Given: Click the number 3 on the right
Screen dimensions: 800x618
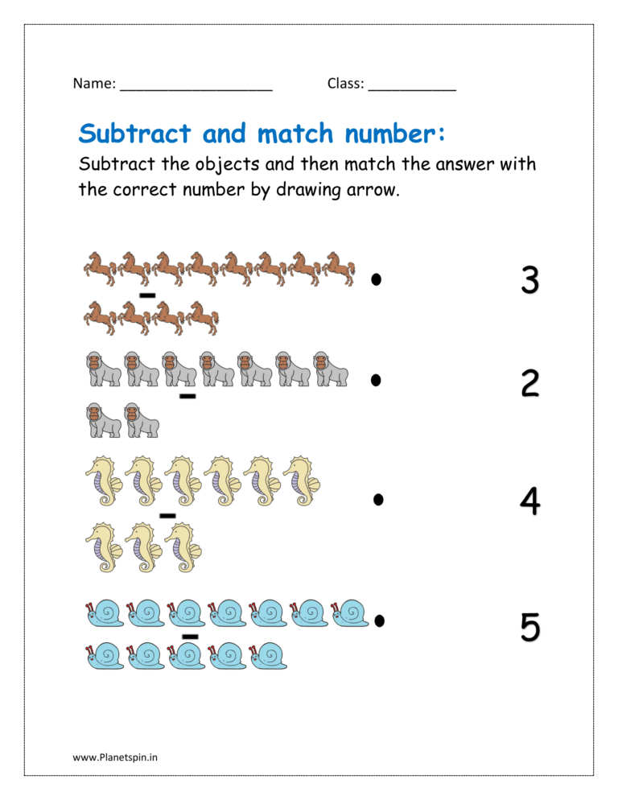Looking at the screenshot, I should [529, 281].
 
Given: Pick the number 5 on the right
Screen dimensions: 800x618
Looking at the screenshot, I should [529, 627].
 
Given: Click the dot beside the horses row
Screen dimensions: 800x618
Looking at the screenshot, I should [376, 279].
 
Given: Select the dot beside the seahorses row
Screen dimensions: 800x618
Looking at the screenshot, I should [377, 500].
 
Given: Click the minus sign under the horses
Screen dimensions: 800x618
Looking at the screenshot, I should [147, 295].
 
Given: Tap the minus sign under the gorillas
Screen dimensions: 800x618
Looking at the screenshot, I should [187, 396].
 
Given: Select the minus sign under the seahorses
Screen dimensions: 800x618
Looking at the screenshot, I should [167, 515].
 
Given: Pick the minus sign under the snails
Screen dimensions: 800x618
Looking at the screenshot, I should [190, 637].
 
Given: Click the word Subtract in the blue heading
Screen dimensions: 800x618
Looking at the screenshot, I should [135, 133].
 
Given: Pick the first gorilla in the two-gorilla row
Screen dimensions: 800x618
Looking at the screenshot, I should [104, 421].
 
